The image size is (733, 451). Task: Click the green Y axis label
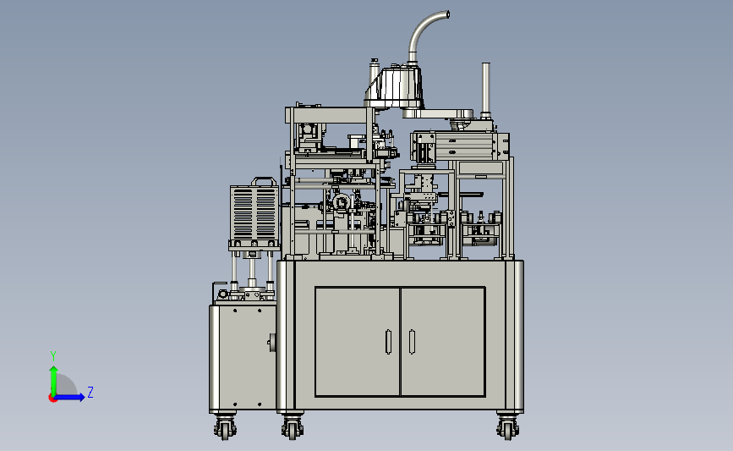click(x=53, y=356)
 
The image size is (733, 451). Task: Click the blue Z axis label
click(x=90, y=392)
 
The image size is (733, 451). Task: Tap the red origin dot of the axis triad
click(x=52, y=398)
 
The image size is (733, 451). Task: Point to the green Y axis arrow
click(x=54, y=381)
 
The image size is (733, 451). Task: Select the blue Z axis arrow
click(x=70, y=398)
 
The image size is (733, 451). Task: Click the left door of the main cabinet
click(x=358, y=342)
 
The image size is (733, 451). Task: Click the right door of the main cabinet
click(x=443, y=342)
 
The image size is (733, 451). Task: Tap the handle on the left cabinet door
click(x=388, y=342)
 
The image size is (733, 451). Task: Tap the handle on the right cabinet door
click(x=412, y=342)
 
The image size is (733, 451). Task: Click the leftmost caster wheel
click(x=225, y=427)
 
